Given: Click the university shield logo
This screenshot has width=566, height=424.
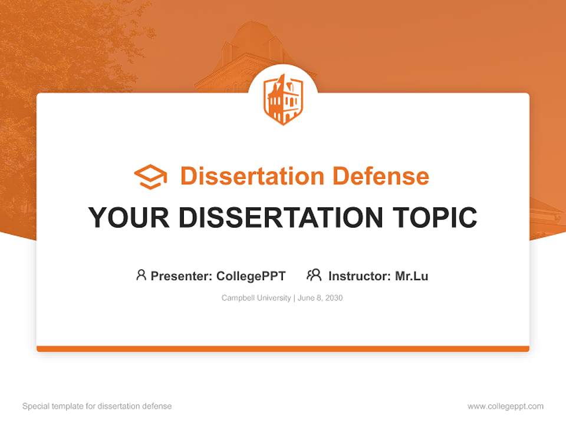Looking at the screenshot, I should pos(283,98).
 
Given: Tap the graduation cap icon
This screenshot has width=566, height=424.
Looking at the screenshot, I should pos(150,177).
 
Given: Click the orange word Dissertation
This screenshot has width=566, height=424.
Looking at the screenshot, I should pos(252,176).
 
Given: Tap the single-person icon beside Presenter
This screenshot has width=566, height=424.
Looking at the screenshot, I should pos(141,275).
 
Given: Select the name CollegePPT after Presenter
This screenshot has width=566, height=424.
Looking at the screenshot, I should pos(251,276).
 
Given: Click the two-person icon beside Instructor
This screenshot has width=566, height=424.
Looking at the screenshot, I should pos(314,275).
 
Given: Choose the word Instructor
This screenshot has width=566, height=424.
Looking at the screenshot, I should pos(359,276).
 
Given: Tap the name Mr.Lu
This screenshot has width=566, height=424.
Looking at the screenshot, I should pos(412,276).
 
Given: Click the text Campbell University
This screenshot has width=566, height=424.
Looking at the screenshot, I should pos(256,298).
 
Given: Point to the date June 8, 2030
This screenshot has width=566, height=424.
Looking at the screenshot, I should pos(320,298).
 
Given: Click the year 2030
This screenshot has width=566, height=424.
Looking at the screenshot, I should pos(333,298).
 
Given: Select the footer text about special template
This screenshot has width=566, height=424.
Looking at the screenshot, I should pos(97,406).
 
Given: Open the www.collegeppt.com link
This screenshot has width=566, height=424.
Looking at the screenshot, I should pos(505,406).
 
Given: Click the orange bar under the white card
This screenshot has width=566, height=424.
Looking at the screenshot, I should pos(283,349).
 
